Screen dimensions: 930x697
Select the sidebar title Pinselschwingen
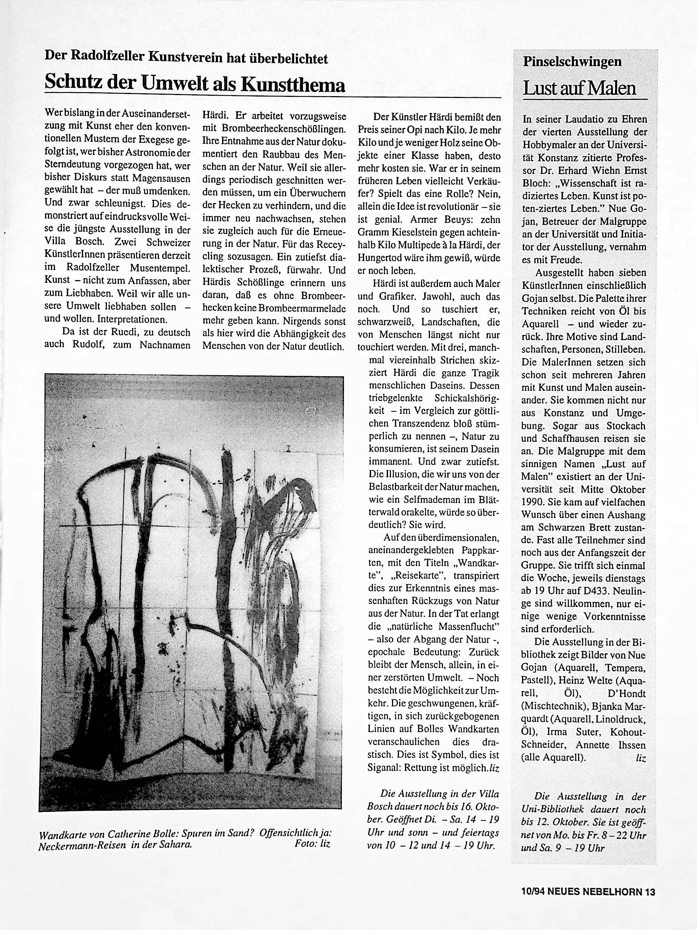pyautogui.click(x=572, y=62)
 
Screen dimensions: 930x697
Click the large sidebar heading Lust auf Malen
pyautogui.click(x=579, y=88)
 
